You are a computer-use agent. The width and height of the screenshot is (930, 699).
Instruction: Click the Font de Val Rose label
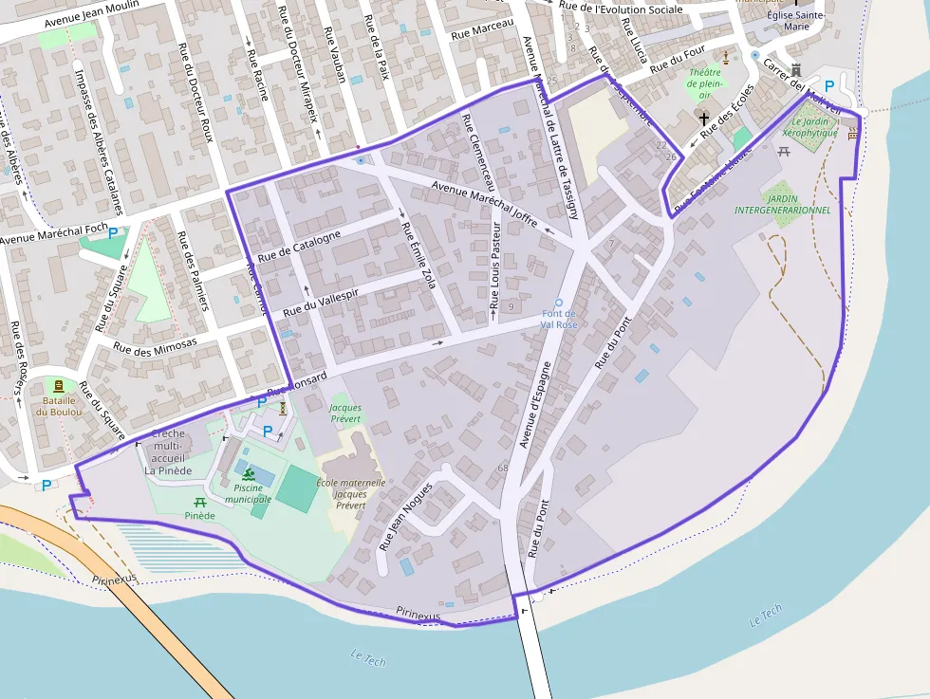click(x=559, y=319)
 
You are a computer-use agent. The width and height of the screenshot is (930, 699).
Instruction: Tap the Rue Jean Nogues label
click(x=405, y=516)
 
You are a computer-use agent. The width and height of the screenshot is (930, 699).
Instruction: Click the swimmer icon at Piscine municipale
click(x=249, y=474)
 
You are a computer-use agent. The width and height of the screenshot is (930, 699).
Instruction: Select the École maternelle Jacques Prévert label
click(x=350, y=493)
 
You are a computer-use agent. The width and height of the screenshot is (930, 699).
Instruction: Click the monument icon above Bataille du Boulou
click(x=60, y=386)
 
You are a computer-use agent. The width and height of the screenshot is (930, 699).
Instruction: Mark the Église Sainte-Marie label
click(x=796, y=21)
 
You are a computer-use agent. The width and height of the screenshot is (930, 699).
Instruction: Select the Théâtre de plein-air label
click(x=704, y=83)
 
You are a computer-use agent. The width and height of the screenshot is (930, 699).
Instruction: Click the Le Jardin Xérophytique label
click(x=814, y=127)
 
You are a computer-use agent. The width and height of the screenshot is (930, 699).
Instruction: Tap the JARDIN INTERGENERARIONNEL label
click(x=783, y=203)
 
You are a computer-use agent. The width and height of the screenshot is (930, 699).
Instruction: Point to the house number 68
click(x=503, y=468)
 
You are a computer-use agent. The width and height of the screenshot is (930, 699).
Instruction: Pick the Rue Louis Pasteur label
click(x=494, y=269)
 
